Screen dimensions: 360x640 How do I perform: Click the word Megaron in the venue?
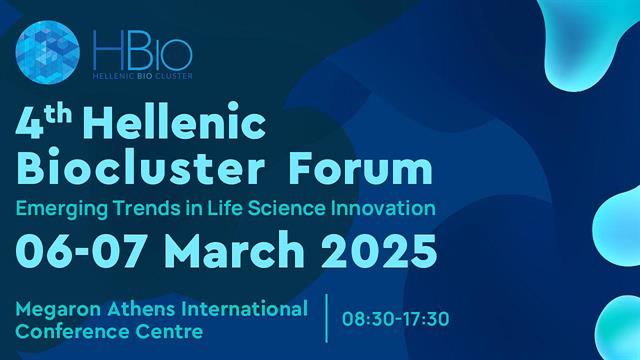pyautogui.click(x=59, y=306)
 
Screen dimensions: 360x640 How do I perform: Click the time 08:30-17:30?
pyautogui.click(x=396, y=319)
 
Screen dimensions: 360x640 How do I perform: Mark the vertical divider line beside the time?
pyautogui.click(x=327, y=318)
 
